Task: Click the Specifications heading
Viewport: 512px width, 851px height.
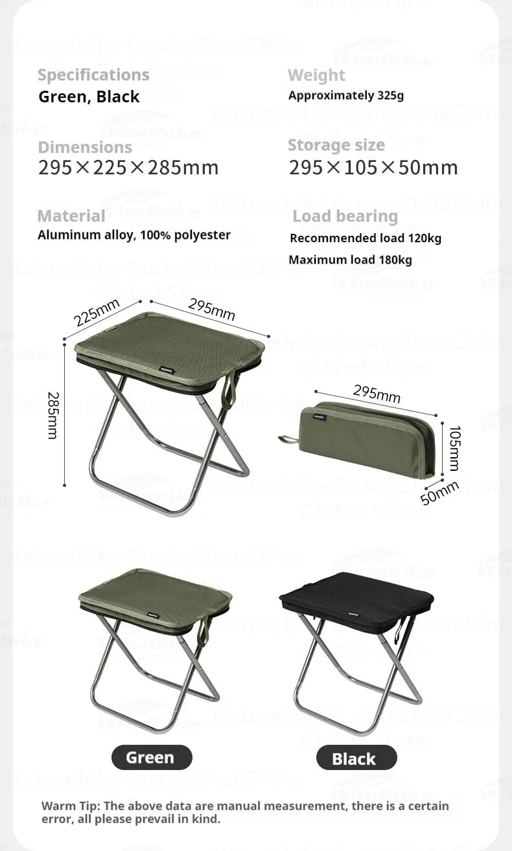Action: click(93, 75)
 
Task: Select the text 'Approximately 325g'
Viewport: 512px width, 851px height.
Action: click(346, 96)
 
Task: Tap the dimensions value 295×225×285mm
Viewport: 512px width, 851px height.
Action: click(128, 168)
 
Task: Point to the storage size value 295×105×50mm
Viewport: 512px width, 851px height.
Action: click(373, 168)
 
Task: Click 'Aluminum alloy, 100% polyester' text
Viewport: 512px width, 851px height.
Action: click(134, 235)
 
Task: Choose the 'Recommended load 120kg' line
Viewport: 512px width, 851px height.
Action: click(366, 238)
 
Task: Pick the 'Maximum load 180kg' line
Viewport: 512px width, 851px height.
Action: click(350, 260)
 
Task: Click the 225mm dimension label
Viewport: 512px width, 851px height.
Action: click(97, 313)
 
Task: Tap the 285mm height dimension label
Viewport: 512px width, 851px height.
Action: click(52, 415)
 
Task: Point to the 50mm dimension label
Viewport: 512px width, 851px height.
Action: click(439, 494)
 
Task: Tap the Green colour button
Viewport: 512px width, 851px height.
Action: click(152, 757)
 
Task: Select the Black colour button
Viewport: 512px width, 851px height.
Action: click(356, 758)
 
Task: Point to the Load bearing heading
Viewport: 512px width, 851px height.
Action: click(345, 216)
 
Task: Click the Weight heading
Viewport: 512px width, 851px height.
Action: click(316, 76)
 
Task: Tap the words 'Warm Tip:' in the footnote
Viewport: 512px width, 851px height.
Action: click(70, 806)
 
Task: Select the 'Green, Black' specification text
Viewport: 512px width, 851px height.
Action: click(89, 97)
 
